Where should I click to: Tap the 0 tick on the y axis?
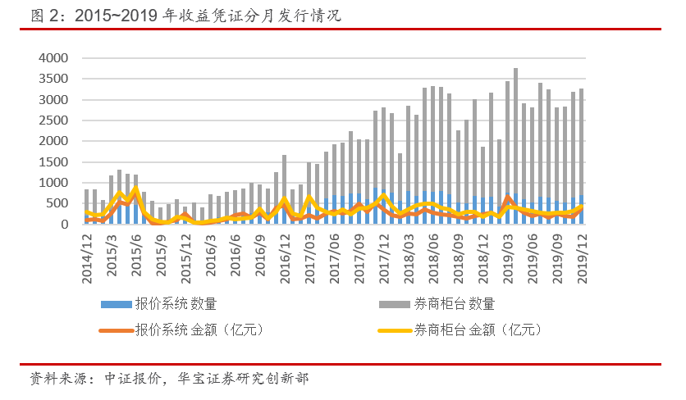point(69,224)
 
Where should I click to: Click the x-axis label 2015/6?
point(136,256)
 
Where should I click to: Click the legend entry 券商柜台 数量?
point(438,303)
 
